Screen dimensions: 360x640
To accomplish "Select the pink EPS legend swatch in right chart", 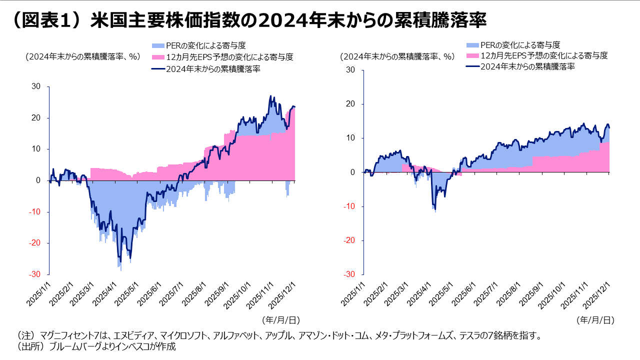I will (x=472, y=55).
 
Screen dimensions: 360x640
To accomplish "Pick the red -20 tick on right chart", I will (x=348, y=240).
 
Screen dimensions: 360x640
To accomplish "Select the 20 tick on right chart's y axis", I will (x=350, y=104).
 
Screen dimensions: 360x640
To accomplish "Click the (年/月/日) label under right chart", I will (x=595, y=319).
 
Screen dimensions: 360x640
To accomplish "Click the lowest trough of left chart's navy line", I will (x=120, y=262).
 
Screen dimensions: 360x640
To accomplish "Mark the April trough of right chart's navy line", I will (x=434, y=209).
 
